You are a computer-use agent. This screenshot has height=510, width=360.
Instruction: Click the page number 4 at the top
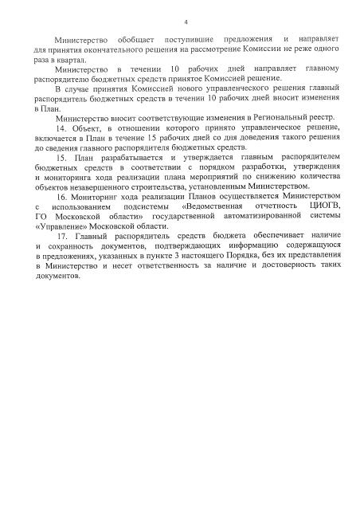coord(185,22)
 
